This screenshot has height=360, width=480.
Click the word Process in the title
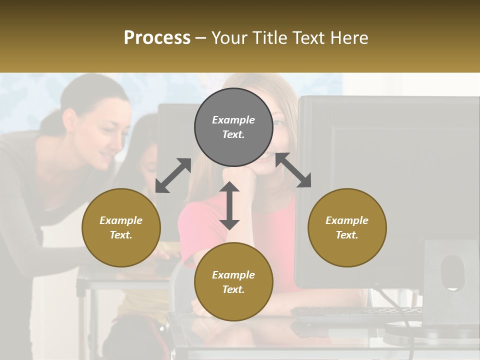coord(157,38)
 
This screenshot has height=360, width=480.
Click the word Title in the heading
coord(268,38)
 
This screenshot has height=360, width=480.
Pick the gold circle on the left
coord(121,227)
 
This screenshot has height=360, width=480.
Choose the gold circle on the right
coord(347,227)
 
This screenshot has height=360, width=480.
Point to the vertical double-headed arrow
coord(229,205)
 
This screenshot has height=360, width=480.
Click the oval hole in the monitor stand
coord(452,272)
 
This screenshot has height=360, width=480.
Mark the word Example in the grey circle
coord(233,120)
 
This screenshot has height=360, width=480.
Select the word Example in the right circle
coord(347,220)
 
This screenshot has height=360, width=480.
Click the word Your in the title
coord(229,38)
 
